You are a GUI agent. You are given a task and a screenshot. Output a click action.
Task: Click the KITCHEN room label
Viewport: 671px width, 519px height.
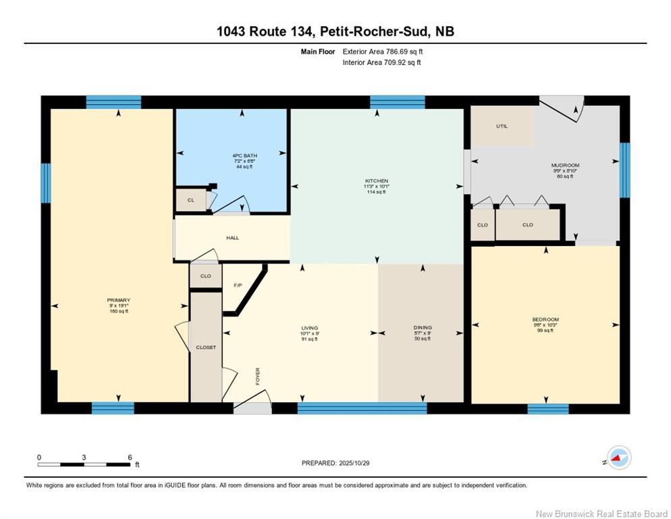click(x=377, y=181)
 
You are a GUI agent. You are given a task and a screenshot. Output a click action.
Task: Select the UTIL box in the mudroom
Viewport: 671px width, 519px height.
click(x=502, y=126)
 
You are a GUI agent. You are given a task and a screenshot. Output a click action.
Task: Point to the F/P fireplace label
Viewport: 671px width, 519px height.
click(x=238, y=285)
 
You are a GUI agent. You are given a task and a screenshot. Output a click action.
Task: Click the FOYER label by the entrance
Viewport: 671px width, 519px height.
click(x=257, y=375)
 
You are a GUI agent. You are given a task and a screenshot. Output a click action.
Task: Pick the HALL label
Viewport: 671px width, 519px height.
click(x=232, y=238)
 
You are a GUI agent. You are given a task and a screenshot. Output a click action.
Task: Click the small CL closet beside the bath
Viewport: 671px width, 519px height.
click(x=190, y=200)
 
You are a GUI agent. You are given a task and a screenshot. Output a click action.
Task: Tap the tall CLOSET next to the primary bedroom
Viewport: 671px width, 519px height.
click(x=206, y=347)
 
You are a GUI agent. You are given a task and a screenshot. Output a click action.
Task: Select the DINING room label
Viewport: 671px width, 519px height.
click(x=423, y=328)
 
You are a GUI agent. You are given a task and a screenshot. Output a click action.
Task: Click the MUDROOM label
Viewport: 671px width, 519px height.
click(x=565, y=166)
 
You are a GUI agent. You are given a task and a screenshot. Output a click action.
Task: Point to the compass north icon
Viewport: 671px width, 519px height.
click(x=618, y=458)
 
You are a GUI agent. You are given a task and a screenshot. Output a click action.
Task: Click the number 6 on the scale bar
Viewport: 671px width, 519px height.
click(x=129, y=457)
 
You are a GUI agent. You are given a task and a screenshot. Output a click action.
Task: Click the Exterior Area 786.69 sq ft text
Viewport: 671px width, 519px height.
click(x=383, y=51)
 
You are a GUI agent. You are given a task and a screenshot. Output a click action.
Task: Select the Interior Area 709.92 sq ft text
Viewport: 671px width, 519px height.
click(x=382, y=63)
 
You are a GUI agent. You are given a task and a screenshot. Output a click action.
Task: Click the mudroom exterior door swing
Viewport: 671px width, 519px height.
click(x=564, y=108)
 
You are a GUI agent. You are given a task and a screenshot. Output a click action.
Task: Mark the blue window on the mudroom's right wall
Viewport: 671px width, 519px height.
click(x=624, y=166)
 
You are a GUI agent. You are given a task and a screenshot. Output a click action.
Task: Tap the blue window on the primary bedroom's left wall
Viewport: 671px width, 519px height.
click(x=46, y=183)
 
